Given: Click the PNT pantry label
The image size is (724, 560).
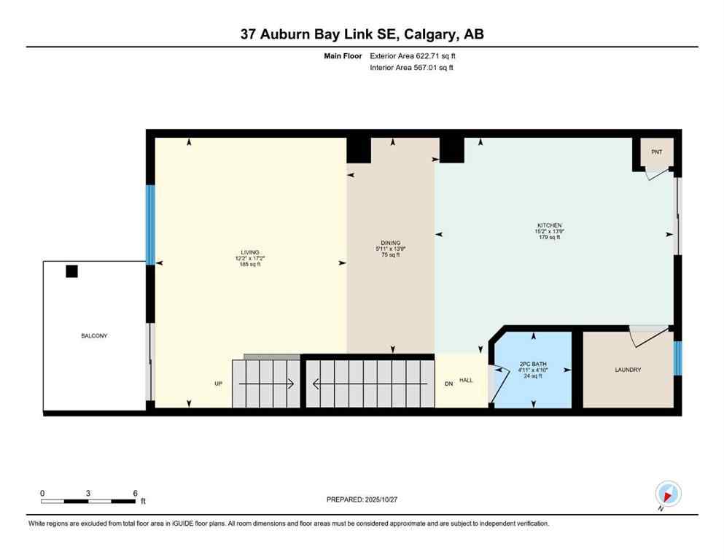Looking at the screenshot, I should tap(656, 152).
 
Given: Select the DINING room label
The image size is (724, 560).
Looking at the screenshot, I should tap(390, 243).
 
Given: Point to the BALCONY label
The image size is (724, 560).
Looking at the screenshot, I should tap(95, 335).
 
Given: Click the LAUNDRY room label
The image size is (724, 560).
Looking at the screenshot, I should tap(628, 370).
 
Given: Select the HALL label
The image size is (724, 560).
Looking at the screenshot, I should tap(467, 380).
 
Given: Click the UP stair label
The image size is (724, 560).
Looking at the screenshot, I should tap(218, 384).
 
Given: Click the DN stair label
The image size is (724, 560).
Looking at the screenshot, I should tap(449, 384).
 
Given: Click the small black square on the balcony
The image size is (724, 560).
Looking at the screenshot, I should tap(71, 271).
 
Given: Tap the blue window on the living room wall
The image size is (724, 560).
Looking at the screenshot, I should tap(150, 225).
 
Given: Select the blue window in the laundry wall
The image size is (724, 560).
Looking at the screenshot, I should tap(677, 357).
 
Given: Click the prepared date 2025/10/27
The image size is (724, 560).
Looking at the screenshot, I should tap(362, 499).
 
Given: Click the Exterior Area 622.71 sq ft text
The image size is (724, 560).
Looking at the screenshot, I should tap(416, 55).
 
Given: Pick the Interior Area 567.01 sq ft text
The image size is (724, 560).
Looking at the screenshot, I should tap(416, 68).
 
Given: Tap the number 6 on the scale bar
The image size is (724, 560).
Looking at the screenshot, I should tap(135, 493).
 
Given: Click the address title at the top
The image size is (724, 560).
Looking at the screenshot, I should tap(362, 34).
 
